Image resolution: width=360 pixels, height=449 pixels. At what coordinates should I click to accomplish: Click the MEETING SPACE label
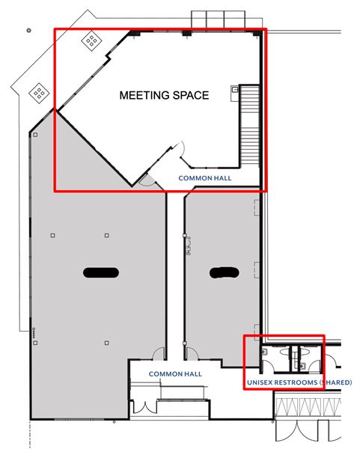coord(164,96)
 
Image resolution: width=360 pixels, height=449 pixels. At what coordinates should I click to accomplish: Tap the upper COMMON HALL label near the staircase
coord(205,179)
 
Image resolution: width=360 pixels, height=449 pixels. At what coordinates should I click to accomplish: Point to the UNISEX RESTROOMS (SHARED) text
coord(299,383)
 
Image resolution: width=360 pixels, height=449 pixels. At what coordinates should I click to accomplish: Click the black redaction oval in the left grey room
coord(101,272)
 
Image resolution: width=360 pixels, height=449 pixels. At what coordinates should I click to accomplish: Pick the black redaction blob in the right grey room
coord(224,272)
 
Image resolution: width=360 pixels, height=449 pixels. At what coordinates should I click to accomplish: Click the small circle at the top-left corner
coord(28,31)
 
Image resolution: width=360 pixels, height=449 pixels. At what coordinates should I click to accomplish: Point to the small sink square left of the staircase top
coord(235,91)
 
